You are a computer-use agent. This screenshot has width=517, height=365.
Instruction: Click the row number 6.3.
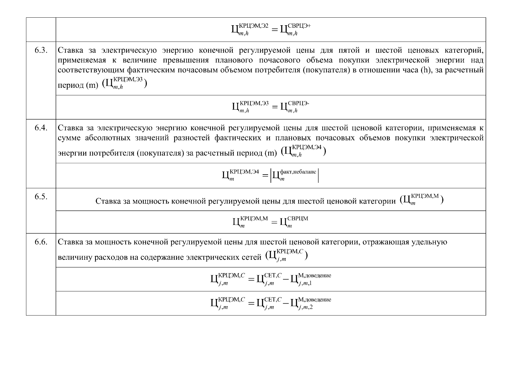coord(41,50)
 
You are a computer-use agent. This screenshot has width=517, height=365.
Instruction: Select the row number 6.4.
coord(41,128)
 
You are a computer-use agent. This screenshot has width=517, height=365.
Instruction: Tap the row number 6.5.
coord(41,197)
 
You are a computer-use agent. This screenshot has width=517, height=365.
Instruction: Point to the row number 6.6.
coord(41,242)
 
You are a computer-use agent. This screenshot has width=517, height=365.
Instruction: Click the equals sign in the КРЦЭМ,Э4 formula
coord(264,176)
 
